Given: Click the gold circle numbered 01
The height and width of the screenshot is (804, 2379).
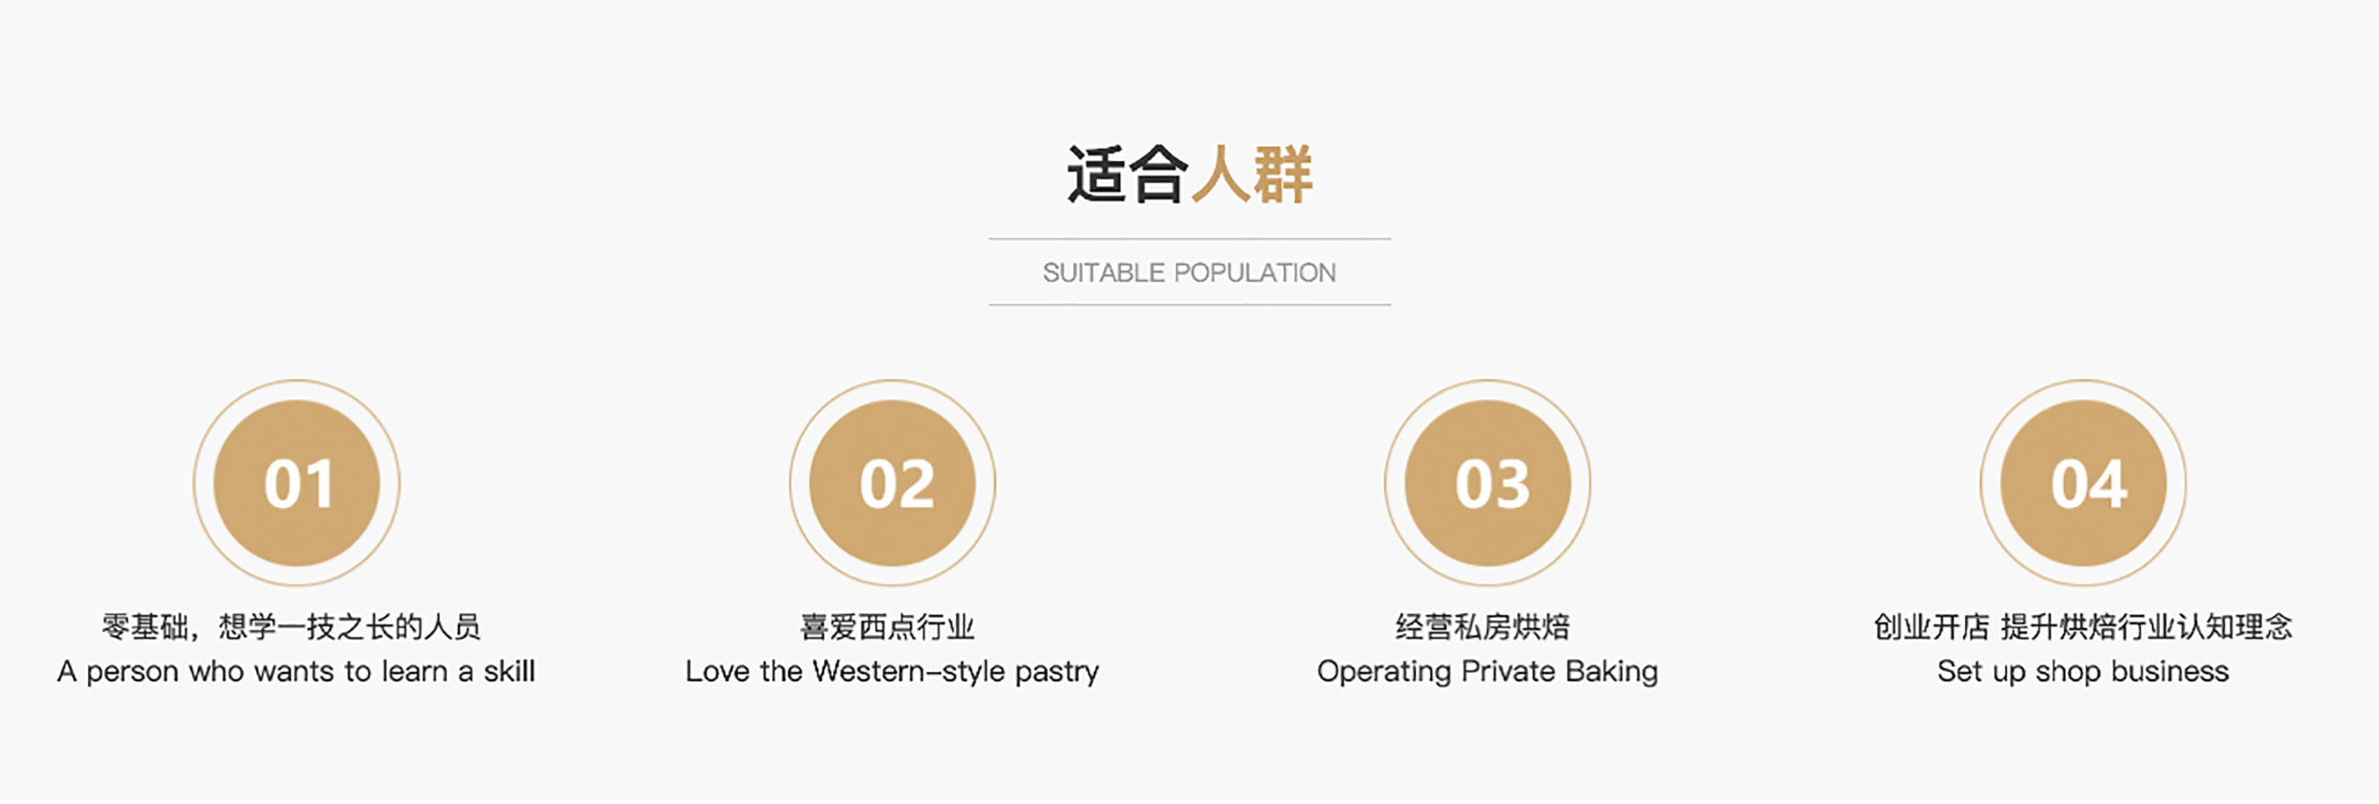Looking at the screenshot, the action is tap(297, 483).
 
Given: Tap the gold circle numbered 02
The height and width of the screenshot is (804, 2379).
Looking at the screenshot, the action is tap(892, 483).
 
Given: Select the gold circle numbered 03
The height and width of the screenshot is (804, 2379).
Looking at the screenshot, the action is tap(1488, 483).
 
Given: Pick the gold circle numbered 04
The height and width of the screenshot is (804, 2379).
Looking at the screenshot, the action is tap(2083, 483).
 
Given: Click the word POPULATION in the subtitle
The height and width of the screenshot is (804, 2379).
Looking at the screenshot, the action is tap(1255, 273).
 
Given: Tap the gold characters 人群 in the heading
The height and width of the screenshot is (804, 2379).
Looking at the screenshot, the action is tap(1253, 175).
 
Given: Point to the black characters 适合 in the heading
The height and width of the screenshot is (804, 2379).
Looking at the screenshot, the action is tap(1127, 175).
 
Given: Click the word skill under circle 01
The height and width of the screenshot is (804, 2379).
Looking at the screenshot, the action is tap(510, 671).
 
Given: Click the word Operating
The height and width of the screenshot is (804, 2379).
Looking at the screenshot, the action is tap(1385, 673).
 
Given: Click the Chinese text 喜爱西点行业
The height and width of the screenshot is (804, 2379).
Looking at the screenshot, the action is tap(887, 626).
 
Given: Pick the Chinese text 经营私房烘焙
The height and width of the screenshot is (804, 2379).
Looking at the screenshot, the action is tap(1483, 626).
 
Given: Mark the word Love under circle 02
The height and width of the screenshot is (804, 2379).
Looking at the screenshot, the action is tap(717, 671).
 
